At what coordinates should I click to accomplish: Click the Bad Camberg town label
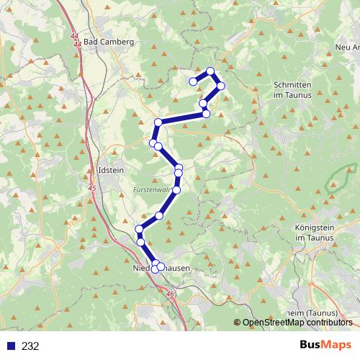tap(109, 42)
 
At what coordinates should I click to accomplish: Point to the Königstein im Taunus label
tap(316, 233)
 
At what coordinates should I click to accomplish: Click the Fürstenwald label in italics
tap(151, 190)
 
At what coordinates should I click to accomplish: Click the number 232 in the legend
tap(30, 346)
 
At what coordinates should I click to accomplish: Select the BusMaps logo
tap(325, 345)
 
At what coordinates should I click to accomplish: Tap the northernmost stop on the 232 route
tap(210, 71)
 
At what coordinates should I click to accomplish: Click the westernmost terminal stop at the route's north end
tap(193, 81)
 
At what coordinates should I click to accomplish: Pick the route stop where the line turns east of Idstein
tap(158, 122)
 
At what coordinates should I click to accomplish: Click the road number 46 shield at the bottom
tap(171, 294)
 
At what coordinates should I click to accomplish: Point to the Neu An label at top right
tap(347, 48)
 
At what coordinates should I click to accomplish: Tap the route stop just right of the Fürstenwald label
tap(176, 189)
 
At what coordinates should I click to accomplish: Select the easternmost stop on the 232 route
tap(221, 86)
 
